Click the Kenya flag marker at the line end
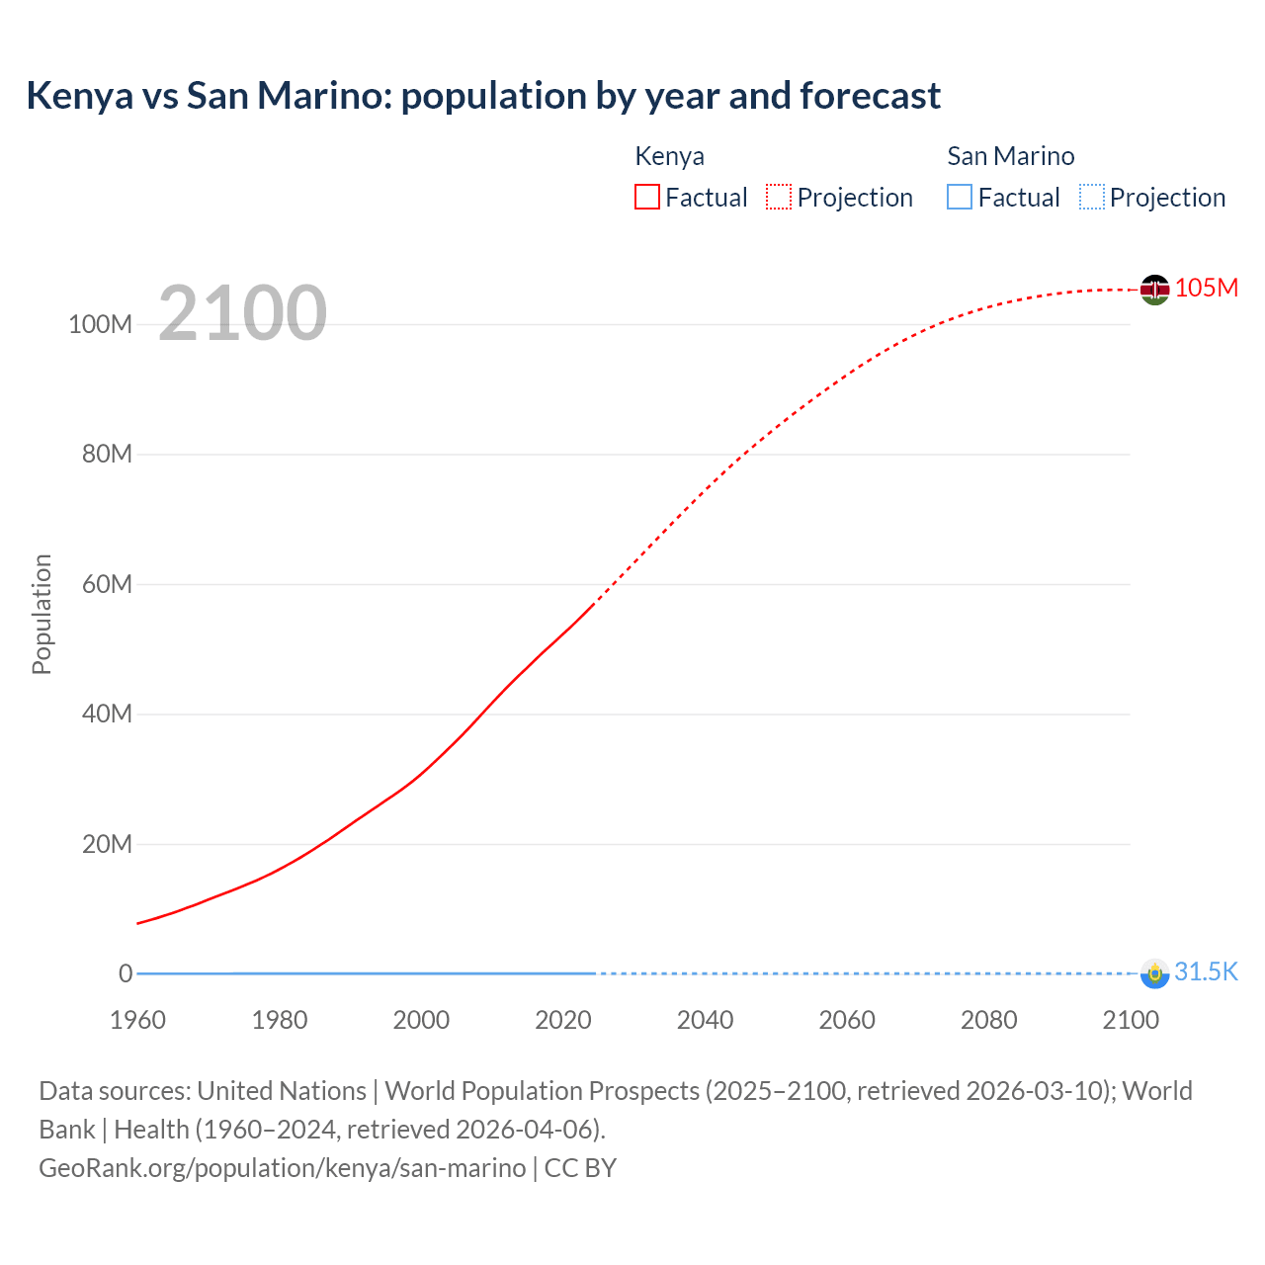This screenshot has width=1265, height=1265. tap(1154, 290)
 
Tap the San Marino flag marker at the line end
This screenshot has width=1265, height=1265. tap(1154, 973)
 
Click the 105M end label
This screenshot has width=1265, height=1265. tap(1207, 288)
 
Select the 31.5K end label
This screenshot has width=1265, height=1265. tap(1206, 971)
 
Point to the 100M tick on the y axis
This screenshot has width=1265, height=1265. tap(100, 324)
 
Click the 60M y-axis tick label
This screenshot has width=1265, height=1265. tap(107, 584)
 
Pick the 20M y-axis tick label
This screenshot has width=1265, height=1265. tap(107, 844)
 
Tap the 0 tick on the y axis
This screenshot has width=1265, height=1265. tap(126, 973)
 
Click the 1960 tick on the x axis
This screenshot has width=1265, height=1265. tap(137, 1020)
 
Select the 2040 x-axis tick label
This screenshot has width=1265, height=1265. tap(705, 1020)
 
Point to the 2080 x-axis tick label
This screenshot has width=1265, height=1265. tap(988, 1020)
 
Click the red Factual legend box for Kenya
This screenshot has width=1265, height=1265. tap(647, 197)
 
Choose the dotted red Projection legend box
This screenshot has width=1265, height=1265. tap(779, 197)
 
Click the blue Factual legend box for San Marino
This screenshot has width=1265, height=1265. tap(960, 197)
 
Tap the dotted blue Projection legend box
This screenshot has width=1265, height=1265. tap(1091, 197)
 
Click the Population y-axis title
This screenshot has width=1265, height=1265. tap(42, 614)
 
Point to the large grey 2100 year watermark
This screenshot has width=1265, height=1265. tap(242, 313)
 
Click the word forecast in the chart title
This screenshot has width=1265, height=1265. tap(870, 96)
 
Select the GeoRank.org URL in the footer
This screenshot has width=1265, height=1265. tap(282, 1167)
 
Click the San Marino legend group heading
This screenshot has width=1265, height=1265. tap(1010, 156)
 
